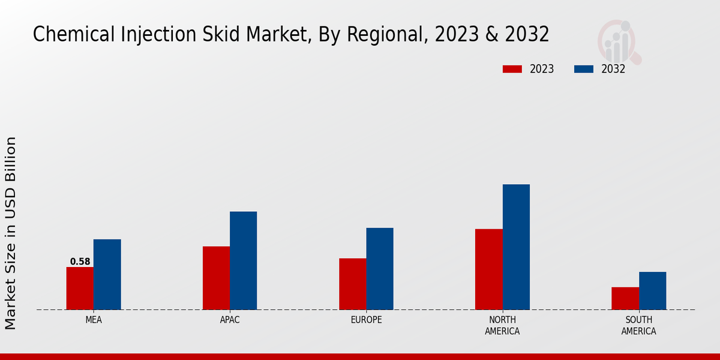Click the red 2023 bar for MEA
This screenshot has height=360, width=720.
pyautogui.click(x=80, y=289)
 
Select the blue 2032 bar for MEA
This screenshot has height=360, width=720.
pyautogui.click(x=107, y=275)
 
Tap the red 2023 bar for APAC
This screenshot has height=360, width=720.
pyautogui.click(x=216, y=278)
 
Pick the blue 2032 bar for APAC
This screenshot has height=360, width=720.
pyautogui.click(x=243, y=261)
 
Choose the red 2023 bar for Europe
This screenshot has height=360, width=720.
pyautogui.click(x=352, y=284)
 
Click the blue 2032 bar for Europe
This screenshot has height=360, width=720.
pyautogui.click(x=380, y=269)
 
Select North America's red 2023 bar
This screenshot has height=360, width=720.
pyautogui.click(x=488, y=269)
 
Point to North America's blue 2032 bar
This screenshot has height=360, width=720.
pyautogui.click(x=516, y=247)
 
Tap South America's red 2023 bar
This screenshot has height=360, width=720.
pyautogui.click(x=625, y=299)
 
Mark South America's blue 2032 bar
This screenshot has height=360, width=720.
pyautogui.click(x=652, y=291)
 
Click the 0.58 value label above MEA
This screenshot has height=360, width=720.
pyautogui.click(x=80, y=262)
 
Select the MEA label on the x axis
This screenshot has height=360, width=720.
pyautogui.click(x=94, y=320)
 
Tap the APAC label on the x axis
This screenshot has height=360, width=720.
pyautogui.click(x=230, y=320)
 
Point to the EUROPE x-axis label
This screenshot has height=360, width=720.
pyautogui.click(x=366, y=320)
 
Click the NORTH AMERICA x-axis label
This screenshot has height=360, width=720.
pyautogui.click(x=502, y=325)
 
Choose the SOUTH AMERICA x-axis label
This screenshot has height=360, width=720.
pyautogui.click(x=638, y=325)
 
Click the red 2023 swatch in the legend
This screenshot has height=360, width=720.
pyautogui.click(x=512, y=69)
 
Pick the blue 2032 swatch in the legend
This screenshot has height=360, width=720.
pyautogui.click(x=584, y=69)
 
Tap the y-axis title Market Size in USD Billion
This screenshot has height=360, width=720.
pyautogui.click(x=11, y=233)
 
